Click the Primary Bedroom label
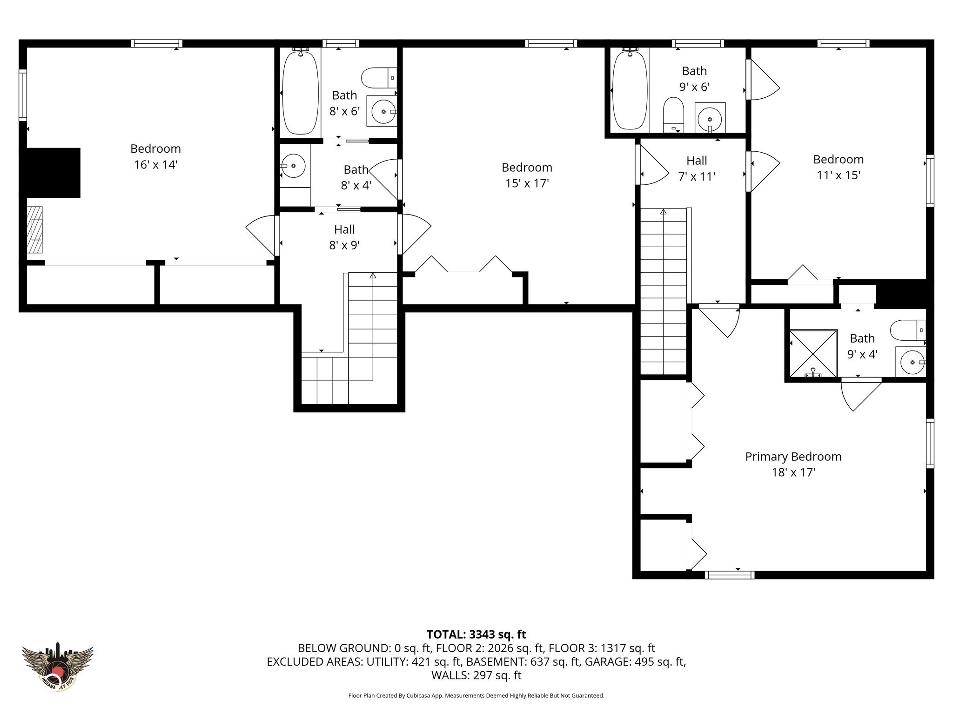[x=793, y=457]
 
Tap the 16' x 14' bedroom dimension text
[x=156, y=165]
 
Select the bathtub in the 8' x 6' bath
[x=301, y=93]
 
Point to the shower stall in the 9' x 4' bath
[x=813, y=353]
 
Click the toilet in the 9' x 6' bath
[x=673, y=115]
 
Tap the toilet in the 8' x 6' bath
[x=379, y=78]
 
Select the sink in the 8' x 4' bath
[x=293, y=165]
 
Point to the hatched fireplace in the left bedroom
[x=34, y=229]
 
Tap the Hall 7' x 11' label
[x=697, y=169]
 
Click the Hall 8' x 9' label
[x=344, y=237]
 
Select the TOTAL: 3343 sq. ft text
[x=476, y=634]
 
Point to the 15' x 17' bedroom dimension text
[x=527, y=183]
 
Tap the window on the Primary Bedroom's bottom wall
[x=729, y=575]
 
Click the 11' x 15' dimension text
[x=839, y=175]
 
